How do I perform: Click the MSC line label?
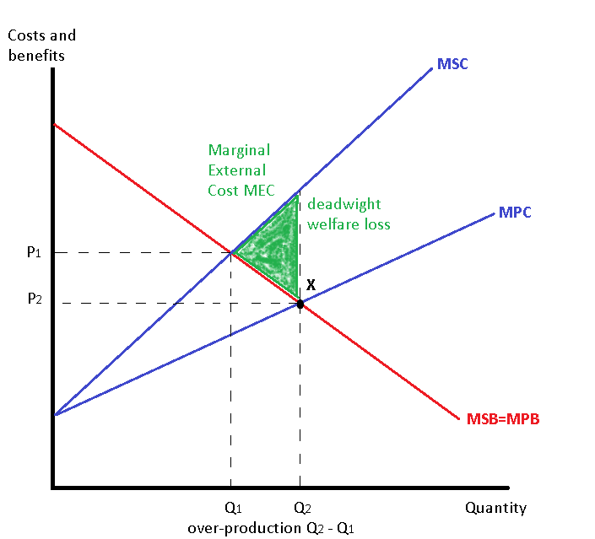(452, 63)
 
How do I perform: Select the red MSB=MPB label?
(502, 418)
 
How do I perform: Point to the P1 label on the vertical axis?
(34, 252)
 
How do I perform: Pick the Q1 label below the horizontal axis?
(233, 508)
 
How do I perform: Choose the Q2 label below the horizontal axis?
(301, 508)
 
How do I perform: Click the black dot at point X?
(300, 304)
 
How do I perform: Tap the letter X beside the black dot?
(311, 285)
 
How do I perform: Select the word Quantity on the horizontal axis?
(495, 508)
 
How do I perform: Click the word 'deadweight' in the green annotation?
(344, 204)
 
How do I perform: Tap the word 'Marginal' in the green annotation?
(239, 150)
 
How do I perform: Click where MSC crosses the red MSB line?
(232, 252)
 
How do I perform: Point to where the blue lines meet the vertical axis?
(54, 415)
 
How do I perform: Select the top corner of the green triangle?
(299, 195)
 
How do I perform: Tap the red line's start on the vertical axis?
(54, 125)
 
